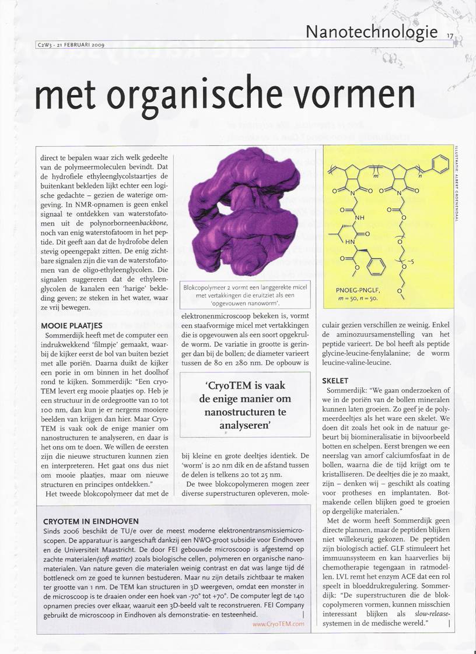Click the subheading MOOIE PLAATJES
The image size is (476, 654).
coord(72,325)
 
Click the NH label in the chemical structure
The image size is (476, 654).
coord(359,217)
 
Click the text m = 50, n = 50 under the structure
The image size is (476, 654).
coord(357,298)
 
